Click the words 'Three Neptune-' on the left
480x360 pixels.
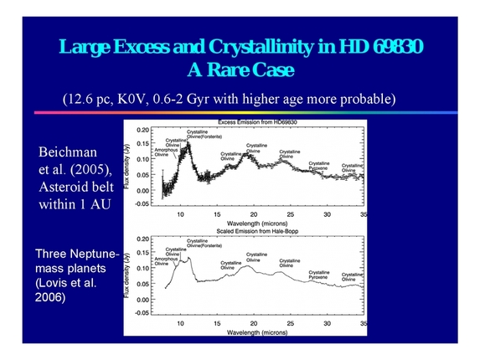point(77,252)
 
